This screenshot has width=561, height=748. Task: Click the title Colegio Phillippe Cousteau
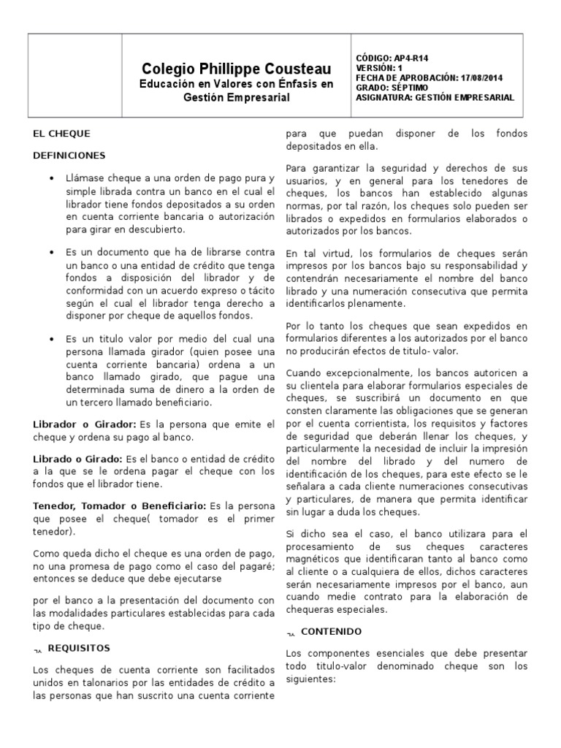237,69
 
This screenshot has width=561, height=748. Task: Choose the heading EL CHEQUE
62,134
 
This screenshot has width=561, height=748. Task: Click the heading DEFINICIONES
69,156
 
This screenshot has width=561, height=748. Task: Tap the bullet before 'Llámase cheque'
52,179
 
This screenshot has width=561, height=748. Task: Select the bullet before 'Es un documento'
52,252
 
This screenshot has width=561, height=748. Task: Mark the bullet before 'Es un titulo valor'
52,339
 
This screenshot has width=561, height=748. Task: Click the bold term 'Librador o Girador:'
85,424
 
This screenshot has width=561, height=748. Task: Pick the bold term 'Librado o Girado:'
78,458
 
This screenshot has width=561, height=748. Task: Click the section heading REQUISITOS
79,648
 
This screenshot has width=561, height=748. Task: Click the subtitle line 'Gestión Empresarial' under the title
236,98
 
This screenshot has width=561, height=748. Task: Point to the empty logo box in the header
75,76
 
